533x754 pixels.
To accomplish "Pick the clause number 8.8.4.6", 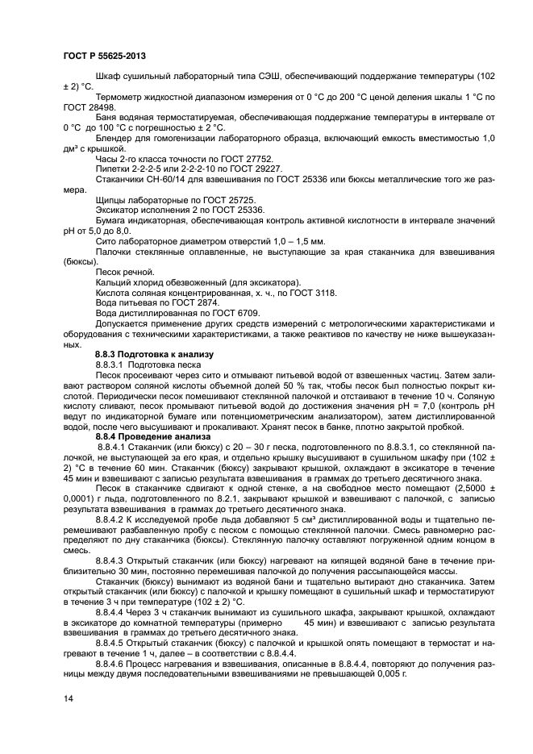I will coord(115,661).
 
